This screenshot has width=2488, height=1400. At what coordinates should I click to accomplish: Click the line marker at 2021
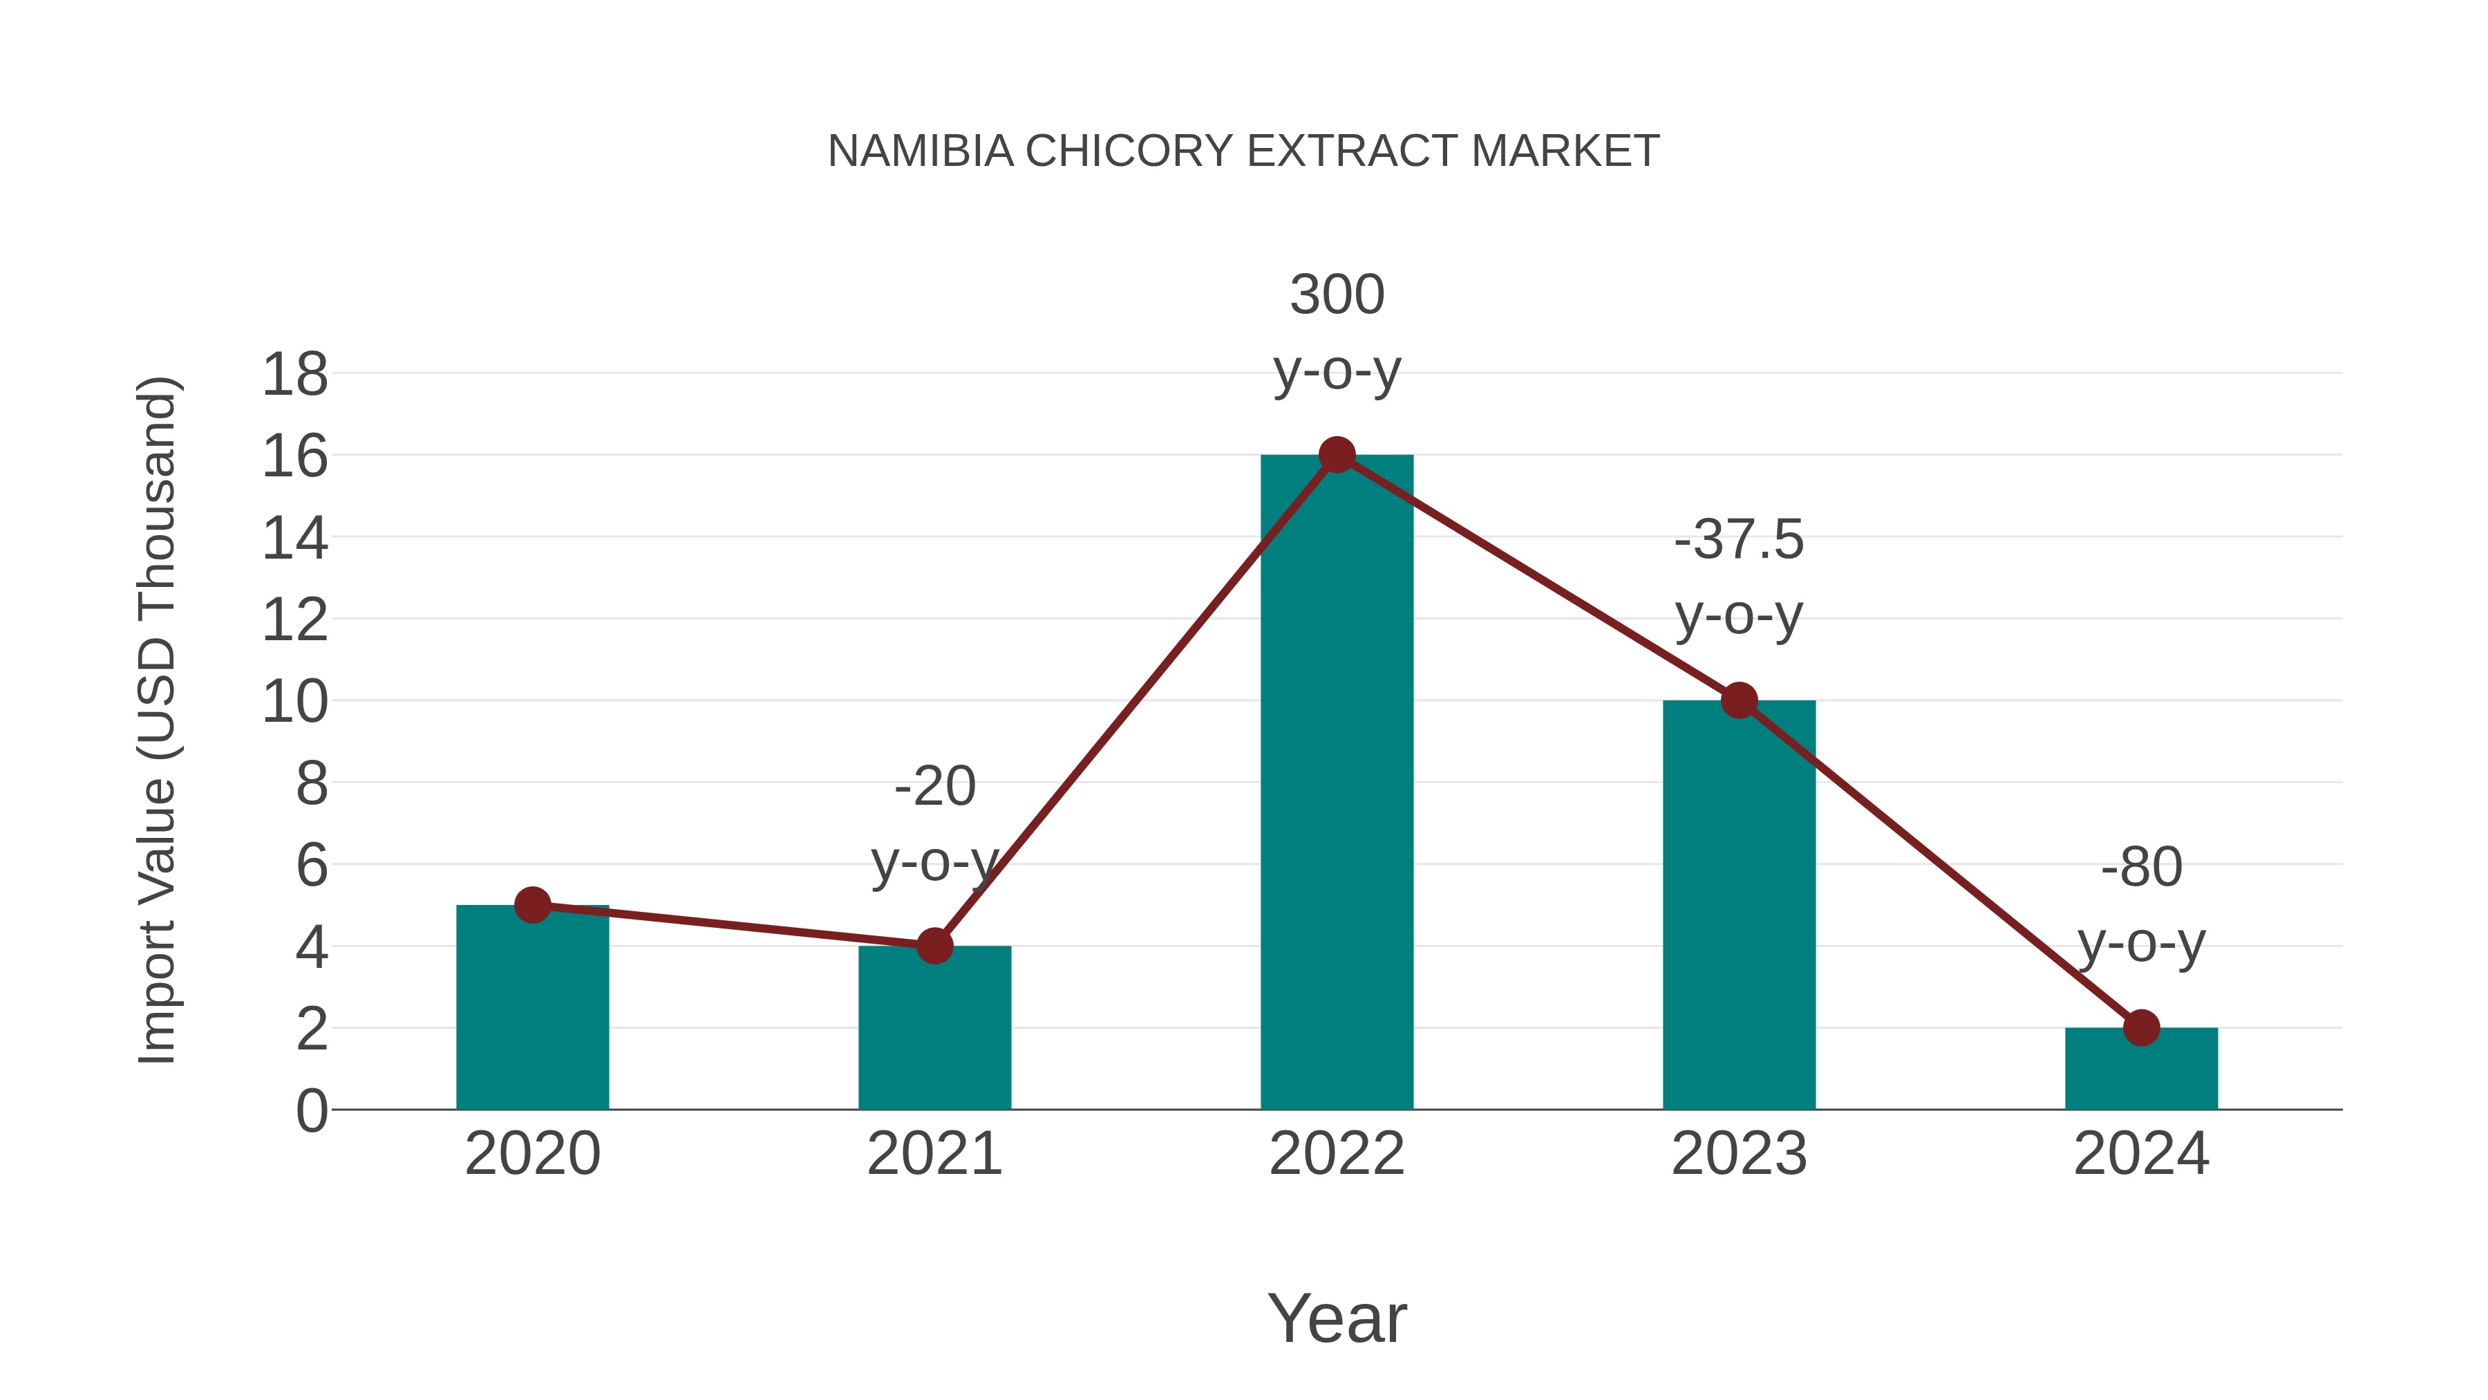[x=934, y=946]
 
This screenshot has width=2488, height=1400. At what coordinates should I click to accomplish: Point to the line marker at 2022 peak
[x=1337, y=454]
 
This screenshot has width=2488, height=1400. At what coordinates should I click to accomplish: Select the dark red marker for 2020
[x=532, y=905]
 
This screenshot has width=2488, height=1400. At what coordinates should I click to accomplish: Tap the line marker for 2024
[x=2141, y=1028]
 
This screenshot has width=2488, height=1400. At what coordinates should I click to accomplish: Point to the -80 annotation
[x=2141, y=904]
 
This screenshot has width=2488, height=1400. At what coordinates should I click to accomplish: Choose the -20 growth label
[x=934, y=823]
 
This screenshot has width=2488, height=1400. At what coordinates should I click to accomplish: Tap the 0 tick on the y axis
[x=311, y=1111]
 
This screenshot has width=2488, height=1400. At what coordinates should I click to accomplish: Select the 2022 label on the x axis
[x=1337, y=1154]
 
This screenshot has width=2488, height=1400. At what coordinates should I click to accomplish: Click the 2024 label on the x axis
[x=2141, y=1154]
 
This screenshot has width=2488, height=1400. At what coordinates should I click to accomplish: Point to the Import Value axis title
[x=156, y=720]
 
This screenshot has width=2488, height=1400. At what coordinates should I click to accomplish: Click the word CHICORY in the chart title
[x=1128, y=151]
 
